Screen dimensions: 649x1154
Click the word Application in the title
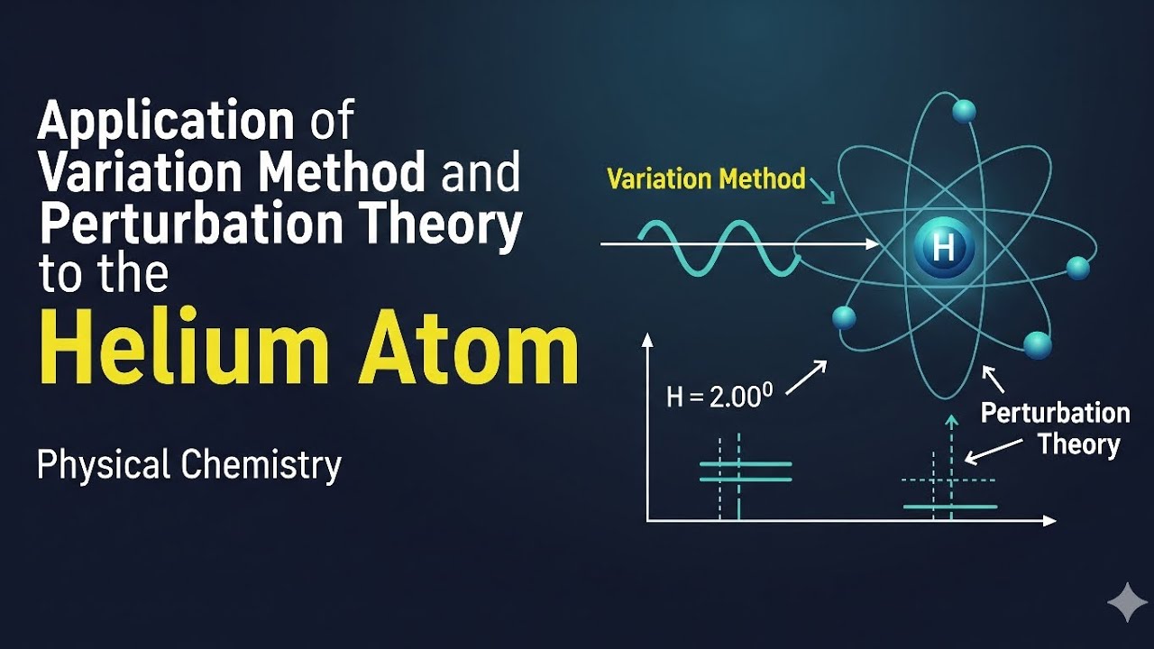point(166,123)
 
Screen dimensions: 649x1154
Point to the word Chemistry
point(261,465)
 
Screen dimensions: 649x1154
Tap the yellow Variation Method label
point(706,178)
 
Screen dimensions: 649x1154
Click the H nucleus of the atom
point(943,245)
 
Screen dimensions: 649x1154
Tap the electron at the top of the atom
point(964,112)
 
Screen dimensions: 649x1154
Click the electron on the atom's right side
point(1078,268)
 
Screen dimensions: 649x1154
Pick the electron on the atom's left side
point(844,317)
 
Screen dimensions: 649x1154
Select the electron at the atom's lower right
point(1037,345)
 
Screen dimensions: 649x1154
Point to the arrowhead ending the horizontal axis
point(1049,521)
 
